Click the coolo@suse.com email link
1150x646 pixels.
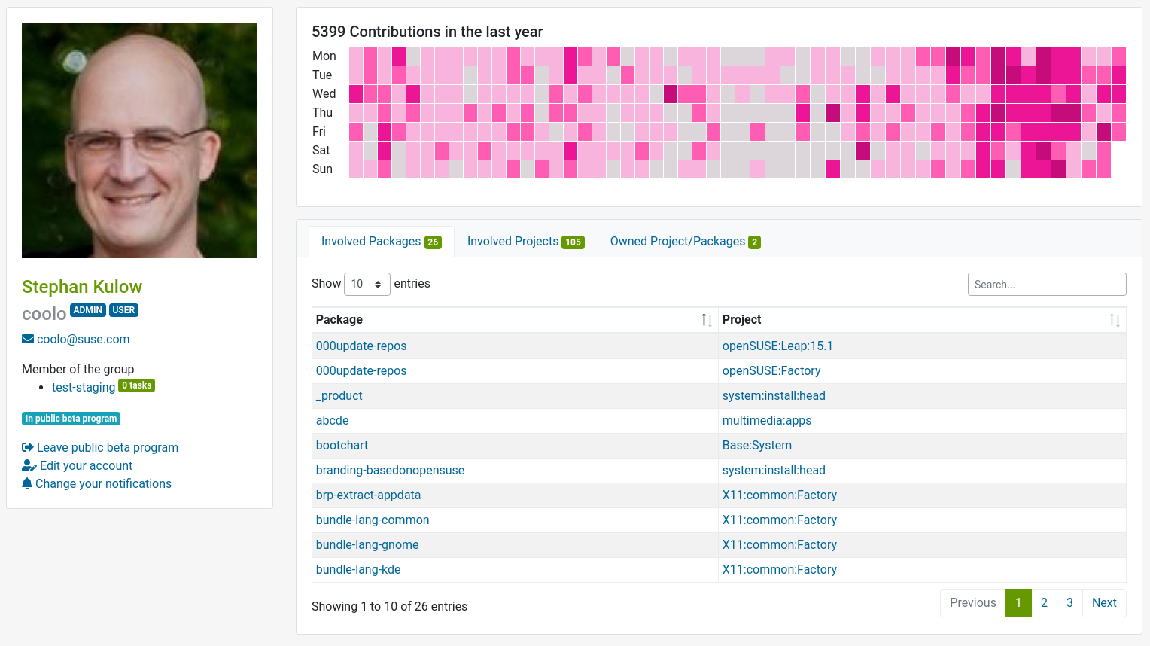(83, 340)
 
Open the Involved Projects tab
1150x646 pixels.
(513, 242)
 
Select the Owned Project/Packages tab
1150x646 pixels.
(677, 242)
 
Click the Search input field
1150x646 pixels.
(1046, 285)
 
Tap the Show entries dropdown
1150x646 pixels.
(367, 285)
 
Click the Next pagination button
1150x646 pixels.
(1103, 603)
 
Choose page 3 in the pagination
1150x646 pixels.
(1069, 603)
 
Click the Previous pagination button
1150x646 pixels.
(972, 603)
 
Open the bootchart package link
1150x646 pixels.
(342, 446)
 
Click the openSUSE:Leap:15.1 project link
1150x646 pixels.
(777, 346)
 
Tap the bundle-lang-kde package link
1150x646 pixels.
(358, 570)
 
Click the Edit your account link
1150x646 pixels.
(86, 466)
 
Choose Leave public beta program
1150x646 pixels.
(107, 448)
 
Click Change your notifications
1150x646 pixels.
(103, 484)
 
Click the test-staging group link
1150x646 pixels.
(84, 388)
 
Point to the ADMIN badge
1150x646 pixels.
(88, 310)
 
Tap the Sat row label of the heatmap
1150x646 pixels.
(321, 151)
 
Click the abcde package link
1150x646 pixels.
(332, 421)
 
